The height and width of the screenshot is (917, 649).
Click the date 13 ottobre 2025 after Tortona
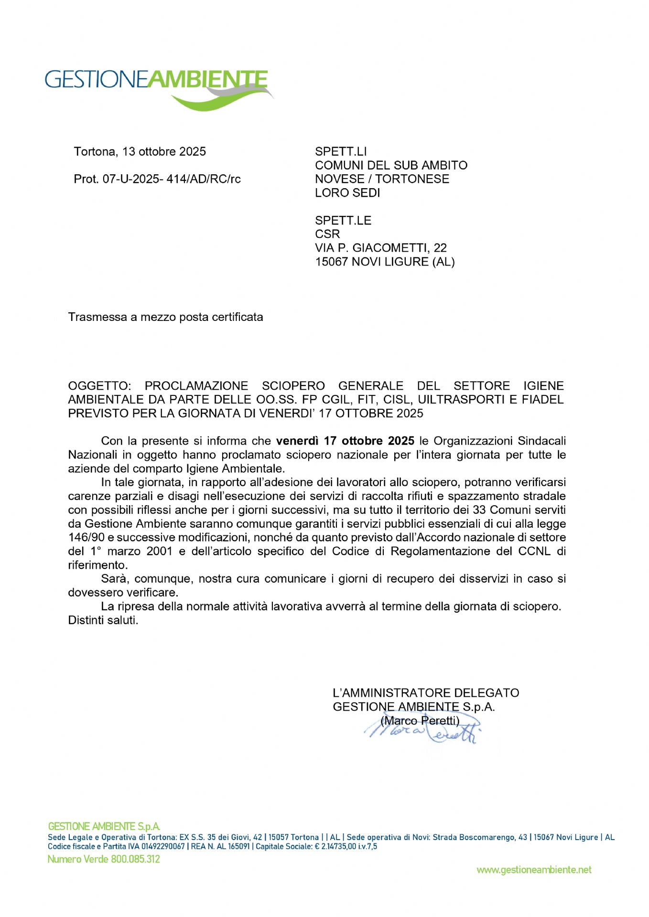click(164, 152)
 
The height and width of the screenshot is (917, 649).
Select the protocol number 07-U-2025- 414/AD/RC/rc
click(172, 179)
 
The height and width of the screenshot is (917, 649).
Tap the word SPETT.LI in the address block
click(341, 152)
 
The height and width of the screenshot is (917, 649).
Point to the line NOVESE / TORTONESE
click(382, 179)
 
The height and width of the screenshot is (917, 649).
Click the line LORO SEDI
click(347, 193)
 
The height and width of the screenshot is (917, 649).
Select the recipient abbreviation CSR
click(327, 234)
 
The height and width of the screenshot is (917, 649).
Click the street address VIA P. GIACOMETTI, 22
click(381, 248)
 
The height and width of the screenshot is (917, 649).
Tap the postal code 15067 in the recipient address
click(332, 262)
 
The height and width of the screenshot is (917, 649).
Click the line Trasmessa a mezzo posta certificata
click(165, 317)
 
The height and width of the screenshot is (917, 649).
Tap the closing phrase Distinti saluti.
click(103, 620)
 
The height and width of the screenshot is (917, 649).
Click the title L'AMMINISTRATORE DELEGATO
click(426, 693)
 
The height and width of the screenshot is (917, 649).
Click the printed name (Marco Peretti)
click(420, 720)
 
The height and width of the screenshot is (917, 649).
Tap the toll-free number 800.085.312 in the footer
click(135, 859)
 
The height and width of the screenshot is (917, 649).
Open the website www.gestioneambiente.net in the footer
click(534, 870)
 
